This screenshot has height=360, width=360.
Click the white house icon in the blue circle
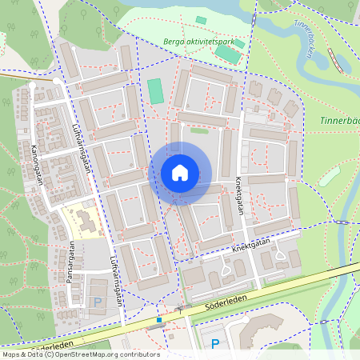click(x=180, y=173)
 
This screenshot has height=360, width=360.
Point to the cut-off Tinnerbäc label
click(x=339, y=120)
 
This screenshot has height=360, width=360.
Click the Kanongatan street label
click(x=34, y=164)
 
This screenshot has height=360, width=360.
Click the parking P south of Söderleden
click(x=214, y=344)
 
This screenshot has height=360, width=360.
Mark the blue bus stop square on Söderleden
click(x=159, y=320)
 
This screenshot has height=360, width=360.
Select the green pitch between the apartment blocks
click(x=155, y=90)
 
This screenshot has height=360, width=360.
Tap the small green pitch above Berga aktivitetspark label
click(x=201, y=19)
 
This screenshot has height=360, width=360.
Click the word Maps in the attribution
click(x=11, y=354)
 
